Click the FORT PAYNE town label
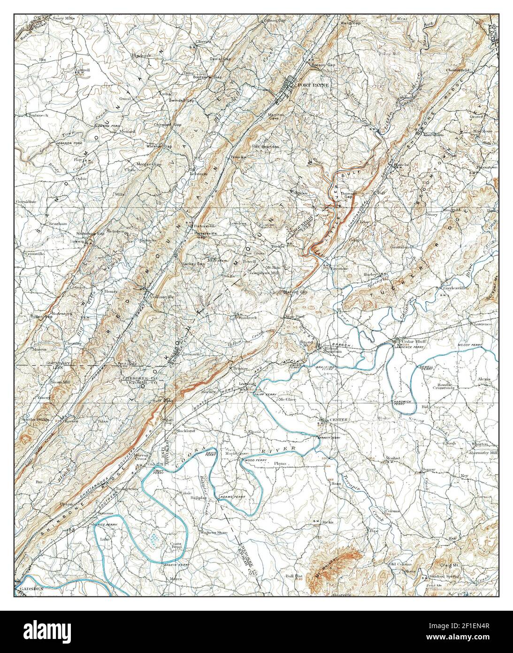pos(314,85)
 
